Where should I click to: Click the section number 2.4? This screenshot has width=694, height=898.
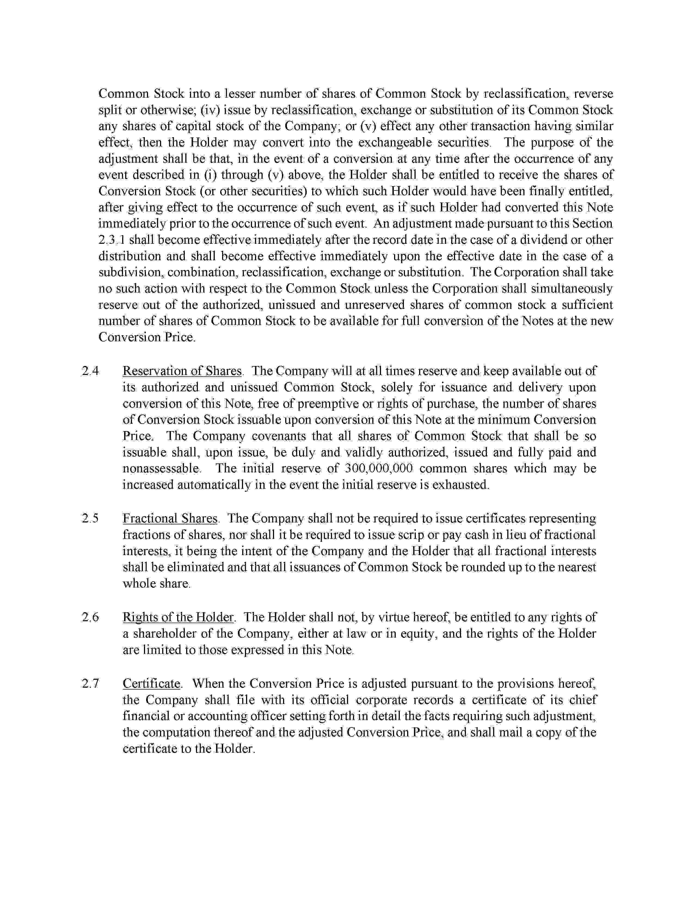tap(90, 371)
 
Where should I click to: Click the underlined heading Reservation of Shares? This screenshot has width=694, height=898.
tap(182, 371)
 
